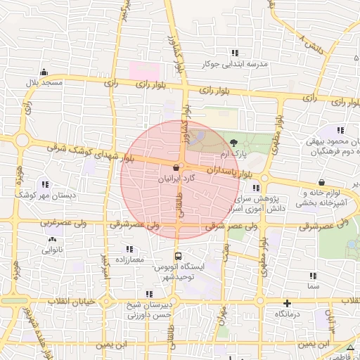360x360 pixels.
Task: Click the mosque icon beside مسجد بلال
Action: [x=44, y=72]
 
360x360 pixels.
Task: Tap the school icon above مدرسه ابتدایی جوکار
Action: [x=235, y=53]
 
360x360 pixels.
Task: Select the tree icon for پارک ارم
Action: [x=233, y=142]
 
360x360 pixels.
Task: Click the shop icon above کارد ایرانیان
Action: [x=174, y=167]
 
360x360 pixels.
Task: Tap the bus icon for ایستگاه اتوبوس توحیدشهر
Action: [x=178, y=257]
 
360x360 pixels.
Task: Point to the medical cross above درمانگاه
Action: [x=286, y=303]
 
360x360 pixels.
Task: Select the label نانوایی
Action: [x=51, y=250]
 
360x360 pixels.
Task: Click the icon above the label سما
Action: [x=313, y=276]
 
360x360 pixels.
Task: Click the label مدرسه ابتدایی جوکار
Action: [x=235, y=64]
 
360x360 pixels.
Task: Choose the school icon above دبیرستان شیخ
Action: [x=148, y=294]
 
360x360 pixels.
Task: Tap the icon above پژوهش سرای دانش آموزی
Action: [x=257, y=188]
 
